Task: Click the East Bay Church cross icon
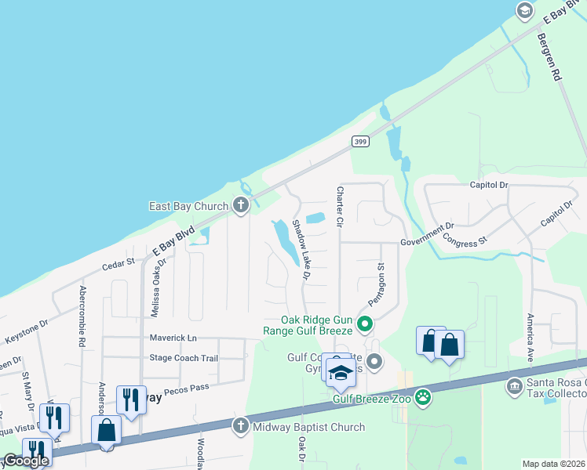coord(241,206)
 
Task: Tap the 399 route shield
coord(360,141)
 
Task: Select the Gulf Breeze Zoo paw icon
coord(424,398)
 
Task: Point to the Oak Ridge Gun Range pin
coord(364,322)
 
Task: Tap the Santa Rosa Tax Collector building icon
coord(515,386)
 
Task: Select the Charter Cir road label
coord(341,207)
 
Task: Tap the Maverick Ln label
coord(172,338)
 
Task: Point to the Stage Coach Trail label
coord(184,358)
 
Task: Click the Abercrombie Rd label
coord(82,316)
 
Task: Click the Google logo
coord(26,461)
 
